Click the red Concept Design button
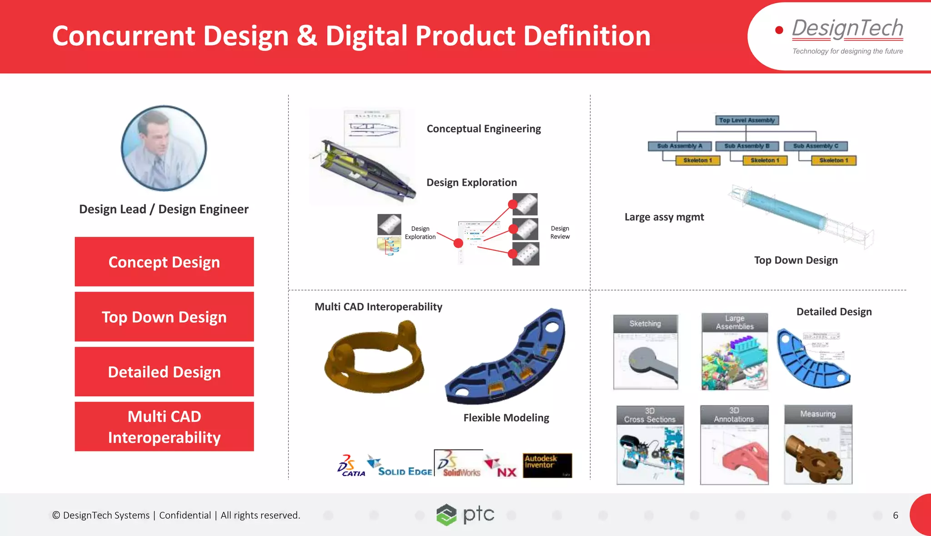pyautogui.click(x=164, y=262)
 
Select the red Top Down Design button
pyautogui.click(x=164, y=317)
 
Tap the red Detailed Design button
pyautogui.click(x=164, y=372)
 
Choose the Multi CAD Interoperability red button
pyautogui.click(x=164, y=426)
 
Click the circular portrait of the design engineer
pyautogui.click(x=164, y=148)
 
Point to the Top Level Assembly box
pyautogui.click(x=746, y=120)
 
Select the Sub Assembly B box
pyautogui.click(x=746, y=146)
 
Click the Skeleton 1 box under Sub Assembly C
pyautogui.click(x=833, y=160)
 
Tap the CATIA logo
pyautogui.click(x=351, y=466)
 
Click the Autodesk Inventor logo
pyautogui.click(x=547, y=465)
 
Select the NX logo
pyautogui.click(x=501, y=467)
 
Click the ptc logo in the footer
pyautogui.click(x=465, y=515)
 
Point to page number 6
pyautogui.click(x=895, y=515)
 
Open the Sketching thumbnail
pyautogui.click(x=645, y=352)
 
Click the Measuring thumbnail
pyautogui.click(x=818, y=444)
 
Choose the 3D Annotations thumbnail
pyautogui.click(x=734, y=445)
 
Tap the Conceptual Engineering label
pyautogui.click(x=484, y=129)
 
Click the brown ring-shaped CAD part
pyautogui.click(x=374, y=357)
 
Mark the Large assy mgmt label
pyautogui.click(x=664, y=217)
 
